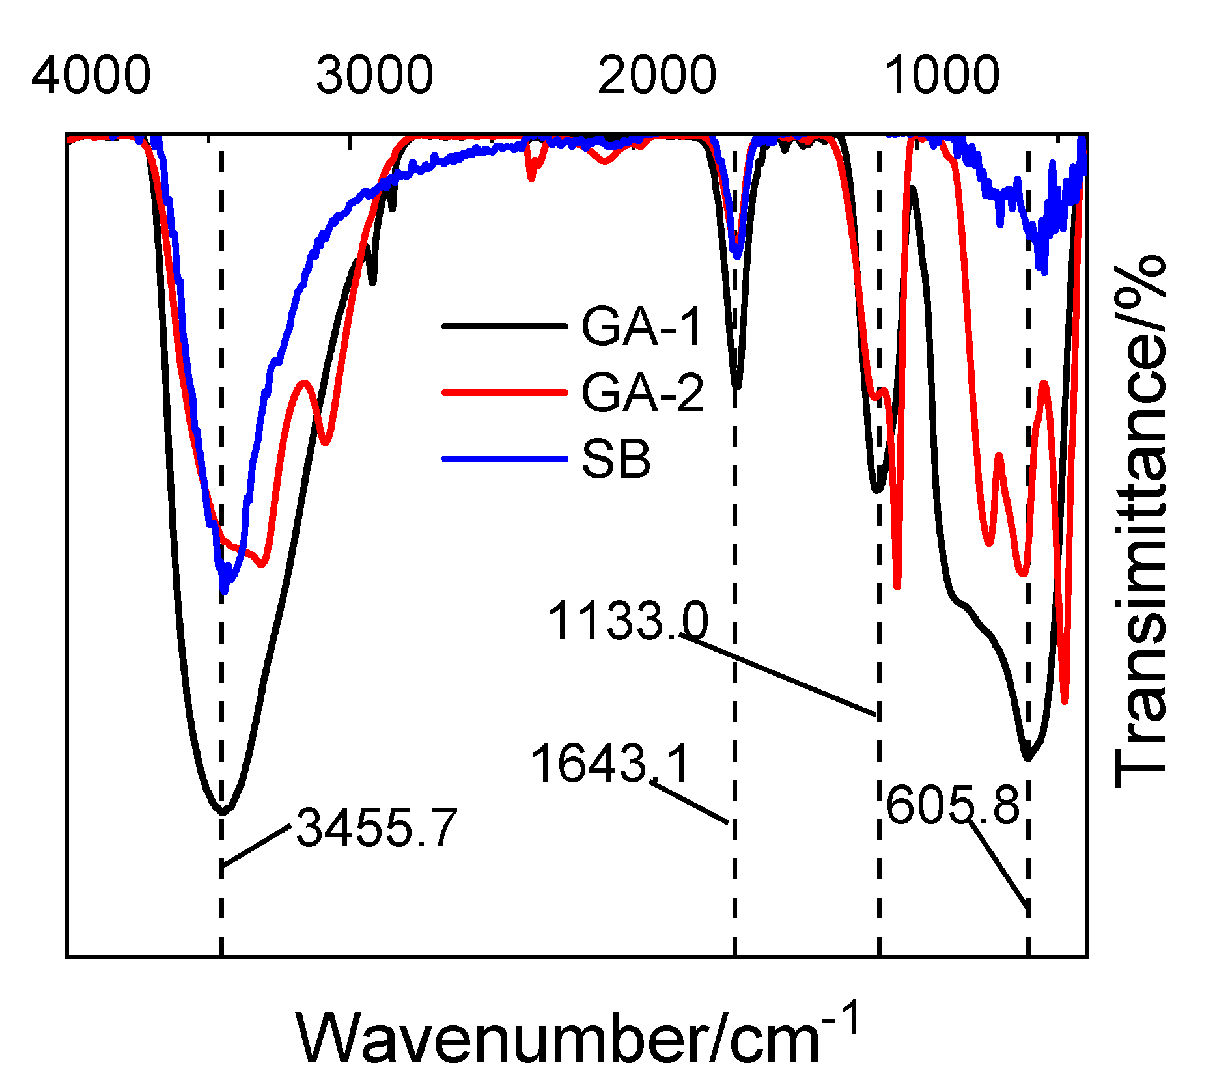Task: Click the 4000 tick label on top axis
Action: tap(91, 76)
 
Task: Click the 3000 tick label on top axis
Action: tap(374, 76)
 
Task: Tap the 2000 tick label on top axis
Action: tap(657, 76)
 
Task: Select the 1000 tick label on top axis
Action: tap(942, 76)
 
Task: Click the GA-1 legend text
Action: tap(641, 326)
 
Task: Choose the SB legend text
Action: tap(616, 460)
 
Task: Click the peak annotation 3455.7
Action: tap(377, 828)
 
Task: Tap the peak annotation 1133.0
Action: tap(628, 621)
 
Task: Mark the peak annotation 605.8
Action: tap(952, 805)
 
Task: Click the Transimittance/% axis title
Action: tap(1139, 521)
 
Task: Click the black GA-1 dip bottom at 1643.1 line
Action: tap(736, 385)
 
